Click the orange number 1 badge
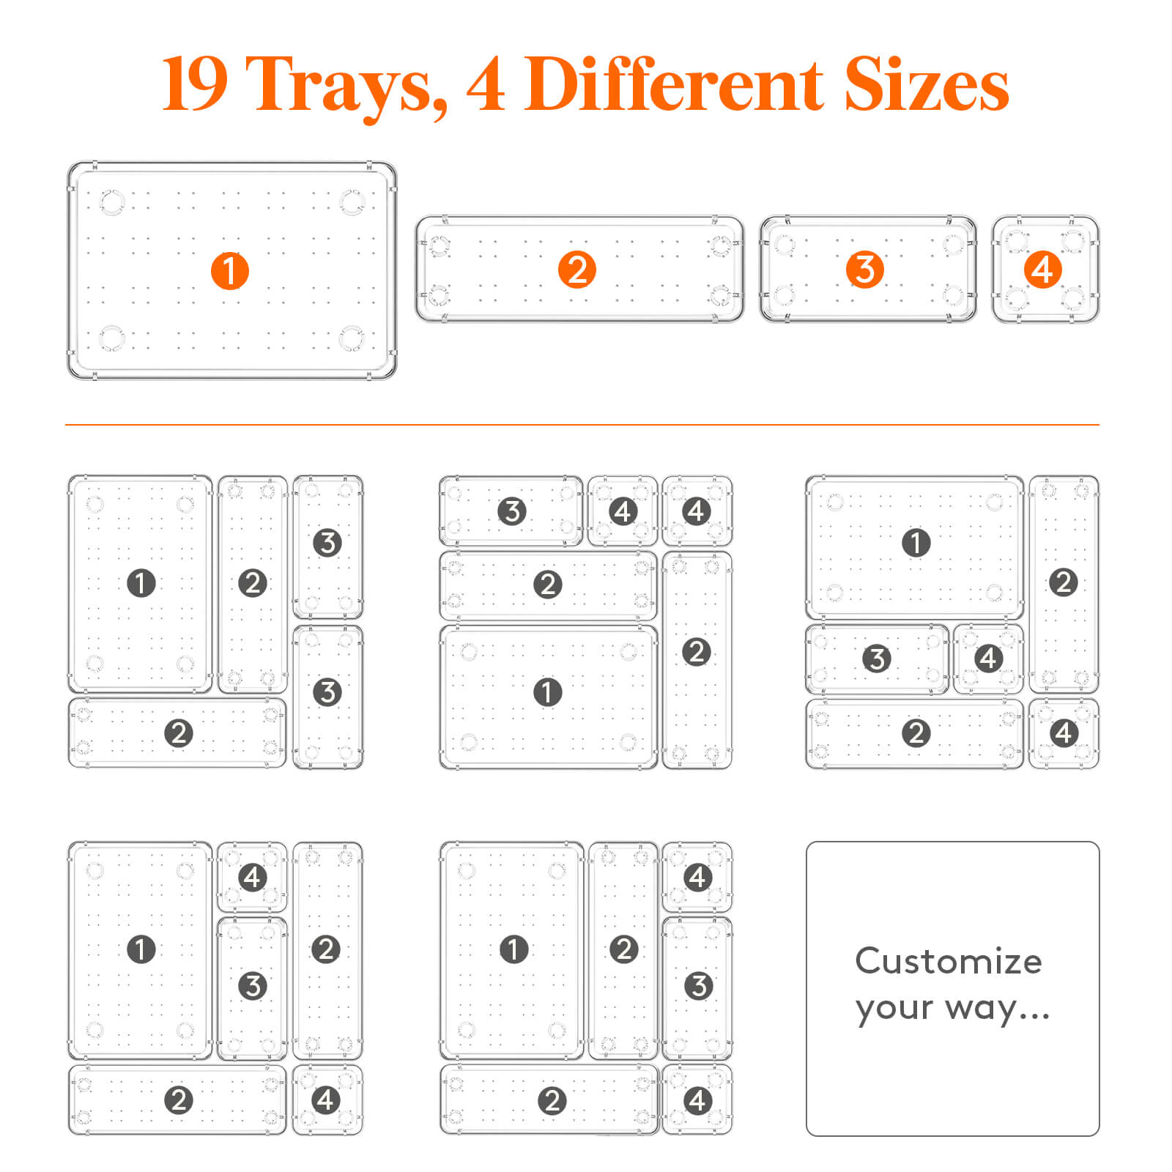tap(230, 271)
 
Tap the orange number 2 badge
tap(577, 270)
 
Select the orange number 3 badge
tap(865, 270)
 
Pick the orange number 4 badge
tap(1042, 270)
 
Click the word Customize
tap(949, 961)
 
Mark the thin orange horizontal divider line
tap(582, 424)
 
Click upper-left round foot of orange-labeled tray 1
tap(112, 202)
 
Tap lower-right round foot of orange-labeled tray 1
tap(352, 338)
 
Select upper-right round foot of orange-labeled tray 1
tap(352, 202)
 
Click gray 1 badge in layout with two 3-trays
tap(141, 583)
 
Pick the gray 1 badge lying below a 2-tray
tap(547, 691)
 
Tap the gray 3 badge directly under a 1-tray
tap(877, 659)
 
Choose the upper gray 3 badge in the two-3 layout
tap(327, 543)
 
